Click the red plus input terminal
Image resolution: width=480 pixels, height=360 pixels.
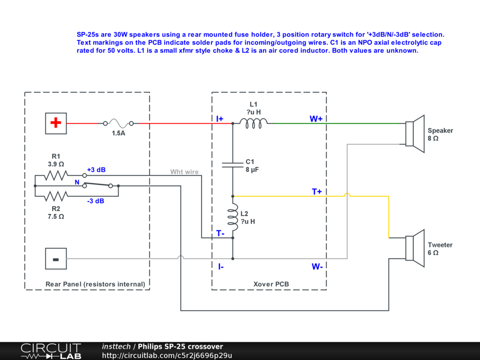click(x=56, y=123)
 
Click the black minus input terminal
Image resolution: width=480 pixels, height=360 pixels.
click(x=56, y=259)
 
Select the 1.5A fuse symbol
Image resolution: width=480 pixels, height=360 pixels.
click(x=118, y=123)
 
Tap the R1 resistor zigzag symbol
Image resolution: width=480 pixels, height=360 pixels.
click(x=57, y=176)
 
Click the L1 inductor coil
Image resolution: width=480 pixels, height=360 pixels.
click(x=254, y=122)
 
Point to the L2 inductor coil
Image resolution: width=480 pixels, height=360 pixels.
click(x=233, y=217)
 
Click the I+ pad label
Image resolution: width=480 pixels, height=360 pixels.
click(x=220, y=119)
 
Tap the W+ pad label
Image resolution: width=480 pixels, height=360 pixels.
click(x=316, y=119)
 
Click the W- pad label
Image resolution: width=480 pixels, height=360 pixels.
click(x=317, y=267)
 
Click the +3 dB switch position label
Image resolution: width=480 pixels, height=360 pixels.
click(x=97, y=170)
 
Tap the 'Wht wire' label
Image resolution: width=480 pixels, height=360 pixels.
click(x=184, y=172)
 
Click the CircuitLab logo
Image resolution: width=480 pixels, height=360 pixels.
click(x=51, y=351)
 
